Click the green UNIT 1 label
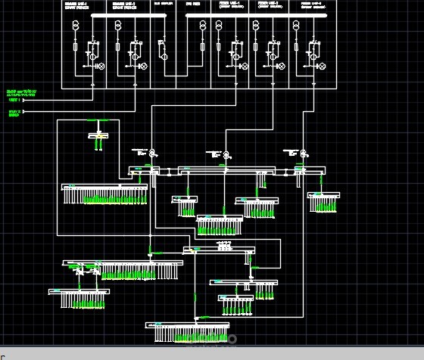coord(14,99)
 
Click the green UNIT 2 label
coord(14,113)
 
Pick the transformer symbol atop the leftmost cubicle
coord(76,26)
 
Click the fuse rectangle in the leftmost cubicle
coord(76,47)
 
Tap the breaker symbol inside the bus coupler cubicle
coord(163,51)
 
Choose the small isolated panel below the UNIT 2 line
coord(99,135)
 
